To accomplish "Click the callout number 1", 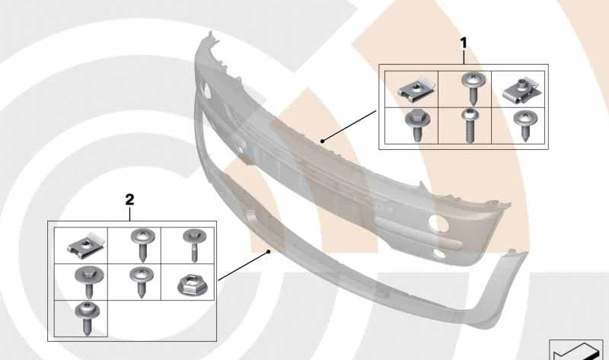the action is point(464,43).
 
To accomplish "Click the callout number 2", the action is point(129,199).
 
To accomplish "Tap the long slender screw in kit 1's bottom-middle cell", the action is point(469,126).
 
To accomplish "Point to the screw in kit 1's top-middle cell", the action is point(473,88).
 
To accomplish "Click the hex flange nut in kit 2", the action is point(193,284).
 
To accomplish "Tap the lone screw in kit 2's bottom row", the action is point(87,318).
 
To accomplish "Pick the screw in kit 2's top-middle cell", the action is point(143,244).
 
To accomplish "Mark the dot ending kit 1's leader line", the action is point(322,141).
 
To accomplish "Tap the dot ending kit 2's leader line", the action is point(269,252).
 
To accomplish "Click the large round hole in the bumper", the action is point(438,222).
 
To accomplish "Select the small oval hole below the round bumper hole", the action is point(439,253).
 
